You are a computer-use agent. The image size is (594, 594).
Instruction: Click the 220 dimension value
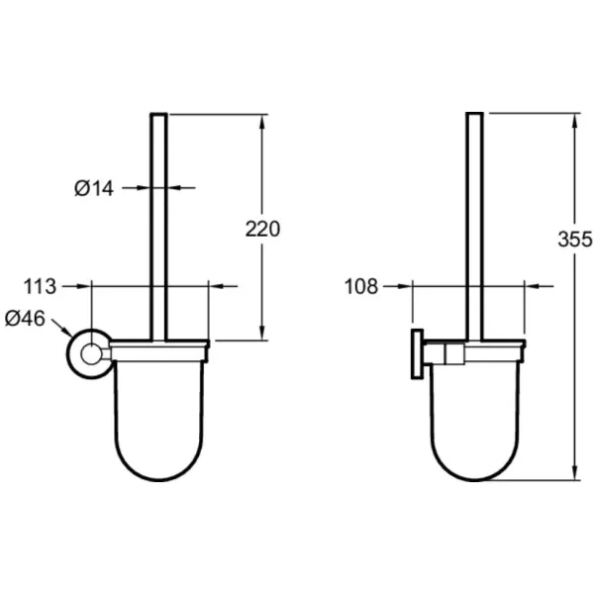tap(262, 229)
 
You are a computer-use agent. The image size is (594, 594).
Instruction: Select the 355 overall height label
tap(574, 239)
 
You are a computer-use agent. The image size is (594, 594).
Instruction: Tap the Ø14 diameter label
tap(94, 188)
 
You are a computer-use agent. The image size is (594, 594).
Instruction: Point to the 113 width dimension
tap(40, 286)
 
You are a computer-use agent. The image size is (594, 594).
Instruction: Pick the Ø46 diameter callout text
tap(25, 318)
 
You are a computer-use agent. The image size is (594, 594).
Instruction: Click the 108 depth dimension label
tap(361, 286)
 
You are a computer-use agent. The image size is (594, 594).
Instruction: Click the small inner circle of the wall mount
tap(91, 354)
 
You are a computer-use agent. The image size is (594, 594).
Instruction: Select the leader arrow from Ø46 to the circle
tap(61, 328)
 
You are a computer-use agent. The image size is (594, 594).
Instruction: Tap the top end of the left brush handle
tap(158, 114)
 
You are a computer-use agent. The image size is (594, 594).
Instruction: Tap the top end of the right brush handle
tap(474, 113)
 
